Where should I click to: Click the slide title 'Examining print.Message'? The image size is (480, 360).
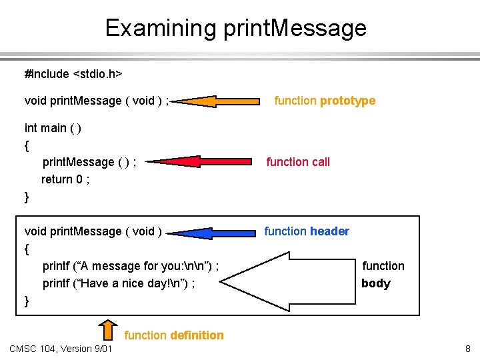235,28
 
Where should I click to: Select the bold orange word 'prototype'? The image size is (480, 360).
347,101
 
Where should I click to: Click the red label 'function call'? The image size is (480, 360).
298,161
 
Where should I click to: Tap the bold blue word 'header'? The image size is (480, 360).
329,231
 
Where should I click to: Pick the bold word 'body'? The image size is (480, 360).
375,283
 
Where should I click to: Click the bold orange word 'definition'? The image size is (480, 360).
197,335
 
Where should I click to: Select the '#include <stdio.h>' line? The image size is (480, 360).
73,73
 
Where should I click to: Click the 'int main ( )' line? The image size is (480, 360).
53,127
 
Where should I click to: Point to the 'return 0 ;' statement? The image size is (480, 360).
65,179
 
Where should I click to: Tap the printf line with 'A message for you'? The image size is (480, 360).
131,266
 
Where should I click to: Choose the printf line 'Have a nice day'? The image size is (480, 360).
119,283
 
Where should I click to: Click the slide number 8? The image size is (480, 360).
468,349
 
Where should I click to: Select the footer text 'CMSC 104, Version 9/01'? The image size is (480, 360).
61,349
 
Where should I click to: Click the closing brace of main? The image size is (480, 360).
27,197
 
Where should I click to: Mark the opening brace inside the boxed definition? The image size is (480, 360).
27,249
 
